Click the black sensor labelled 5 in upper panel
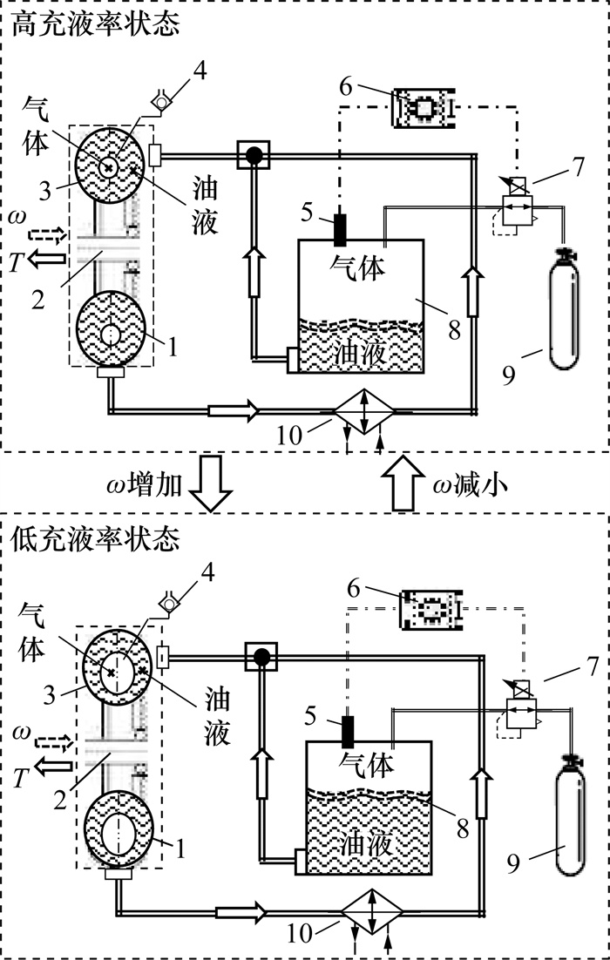click(341, 228)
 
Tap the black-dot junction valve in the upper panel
click(254, 156)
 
